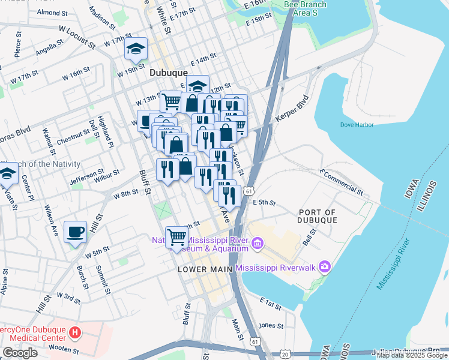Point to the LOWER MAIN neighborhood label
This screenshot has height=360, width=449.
[205, 269]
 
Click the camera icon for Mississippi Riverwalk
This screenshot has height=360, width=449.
[325, 266]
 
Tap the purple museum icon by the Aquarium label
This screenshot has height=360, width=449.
[257, 243]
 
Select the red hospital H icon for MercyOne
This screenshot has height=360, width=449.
[74, 332]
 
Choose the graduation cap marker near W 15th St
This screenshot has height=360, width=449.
[136, 50]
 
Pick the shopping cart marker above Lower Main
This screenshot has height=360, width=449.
[176, 237]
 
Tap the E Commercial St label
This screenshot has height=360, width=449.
[342, 182]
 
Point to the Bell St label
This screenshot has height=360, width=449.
[309, 241]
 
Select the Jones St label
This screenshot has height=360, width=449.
[270, 326]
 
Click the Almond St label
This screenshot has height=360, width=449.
[53, 13]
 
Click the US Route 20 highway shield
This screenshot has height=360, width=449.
[284, 355]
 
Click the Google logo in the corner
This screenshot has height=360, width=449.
[20, 353]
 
